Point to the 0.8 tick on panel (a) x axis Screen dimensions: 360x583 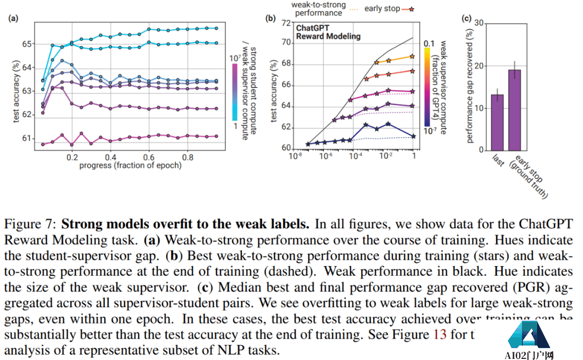188,156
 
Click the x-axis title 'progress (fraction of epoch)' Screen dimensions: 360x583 130,165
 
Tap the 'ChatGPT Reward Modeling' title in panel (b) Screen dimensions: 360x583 328,32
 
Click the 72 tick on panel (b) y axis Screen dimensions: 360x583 286,23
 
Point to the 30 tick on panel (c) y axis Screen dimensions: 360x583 478,23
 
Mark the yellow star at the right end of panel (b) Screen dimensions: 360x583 412,56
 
